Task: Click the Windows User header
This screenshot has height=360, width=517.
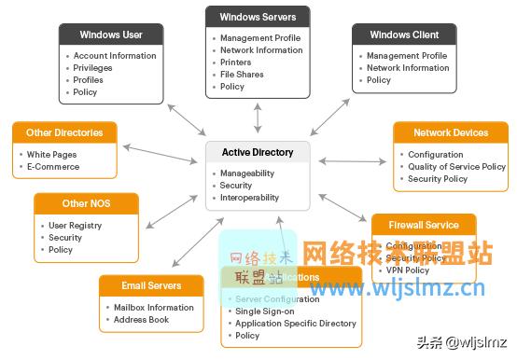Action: point(111,35)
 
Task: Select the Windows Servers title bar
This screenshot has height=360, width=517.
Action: point(258,17)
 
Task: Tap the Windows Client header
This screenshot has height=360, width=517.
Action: point(403,35)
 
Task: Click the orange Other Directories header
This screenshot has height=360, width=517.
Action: point(65,132)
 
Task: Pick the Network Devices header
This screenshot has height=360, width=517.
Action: point(451,133)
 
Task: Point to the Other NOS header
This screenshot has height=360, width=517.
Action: point(87,203)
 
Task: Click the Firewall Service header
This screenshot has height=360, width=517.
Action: point(424,225)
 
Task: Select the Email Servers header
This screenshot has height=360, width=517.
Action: point(151,285)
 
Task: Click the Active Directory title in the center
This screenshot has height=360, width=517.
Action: point(258,152)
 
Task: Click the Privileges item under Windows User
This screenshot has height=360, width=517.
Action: point(93,68)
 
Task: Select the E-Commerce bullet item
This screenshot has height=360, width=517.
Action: point(53,167)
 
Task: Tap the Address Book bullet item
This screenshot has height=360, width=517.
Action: point(142,320)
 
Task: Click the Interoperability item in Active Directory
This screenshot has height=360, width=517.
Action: point(249,198)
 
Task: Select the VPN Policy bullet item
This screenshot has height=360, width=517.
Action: point(407,270)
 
